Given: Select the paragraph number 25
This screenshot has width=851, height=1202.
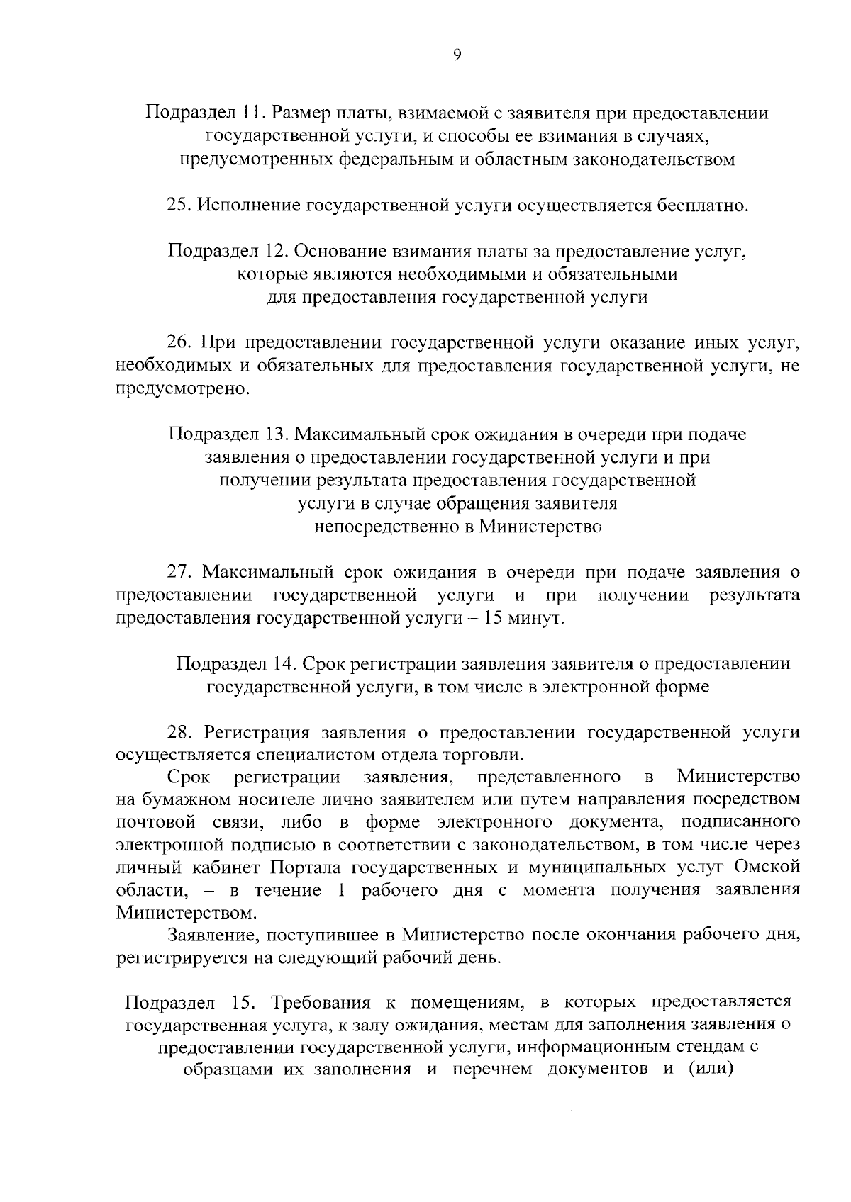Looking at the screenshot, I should (x=177, y=206).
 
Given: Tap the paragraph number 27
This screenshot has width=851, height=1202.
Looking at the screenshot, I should (x=177, y=572).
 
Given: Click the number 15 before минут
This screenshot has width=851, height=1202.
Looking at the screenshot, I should (x=495, y=619).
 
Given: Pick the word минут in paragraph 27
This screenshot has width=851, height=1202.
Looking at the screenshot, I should (x=537, y=619).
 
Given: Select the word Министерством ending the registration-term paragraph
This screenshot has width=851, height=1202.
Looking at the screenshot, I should (x=186, y=913).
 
